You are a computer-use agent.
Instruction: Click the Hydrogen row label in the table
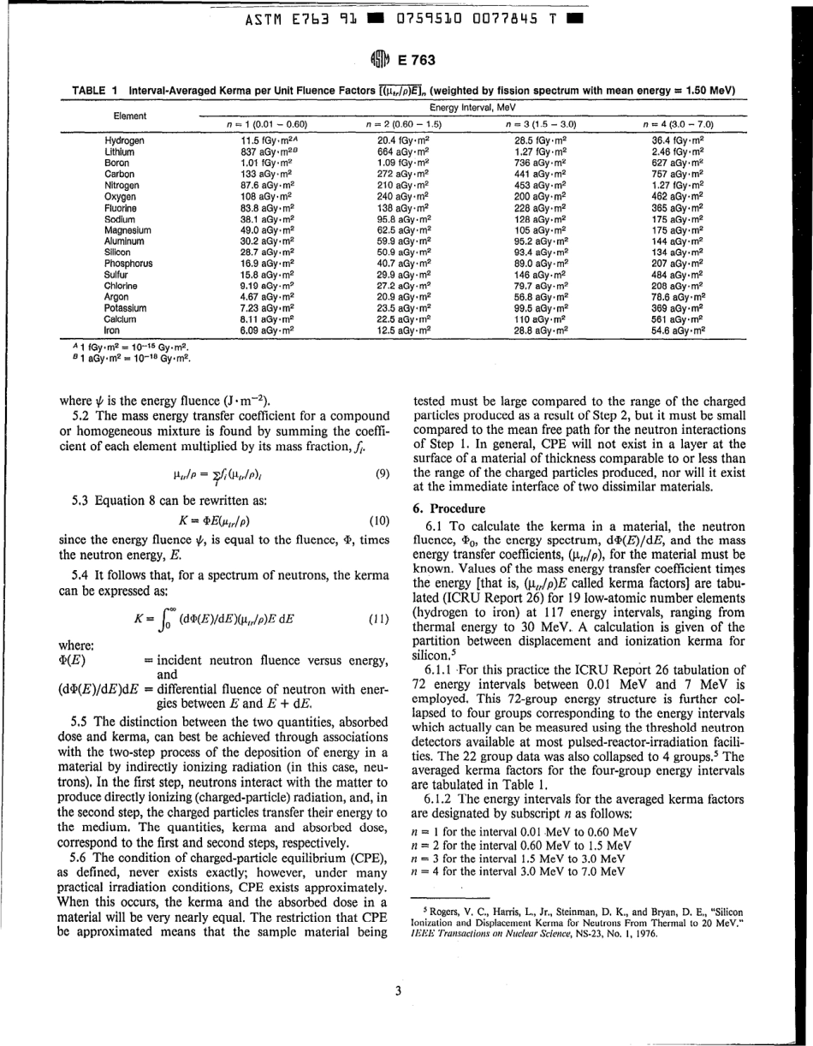[124, 140]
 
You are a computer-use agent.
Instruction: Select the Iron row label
[111, 329]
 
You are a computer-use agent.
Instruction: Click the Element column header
[130, 116]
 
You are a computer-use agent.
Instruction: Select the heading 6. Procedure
[451, 508]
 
